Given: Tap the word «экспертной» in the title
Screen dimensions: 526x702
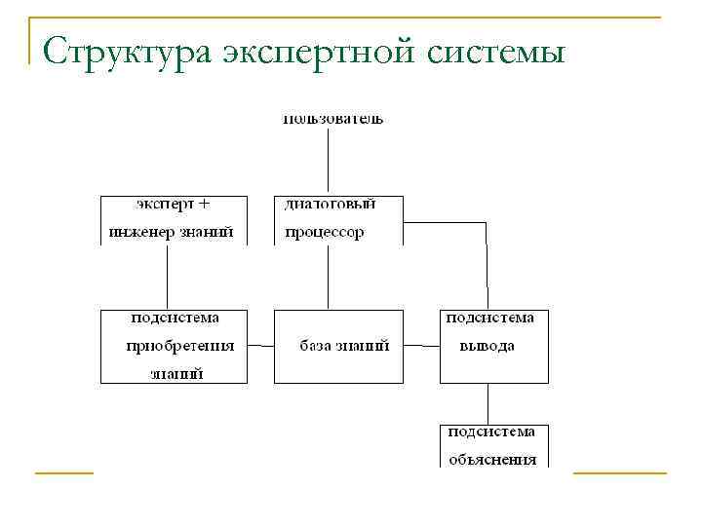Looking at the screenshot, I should click(x=308, y=51).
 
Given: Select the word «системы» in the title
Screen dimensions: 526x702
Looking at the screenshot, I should click(x=496, y=51).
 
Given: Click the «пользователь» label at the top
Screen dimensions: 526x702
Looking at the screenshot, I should click(x=333, y=119).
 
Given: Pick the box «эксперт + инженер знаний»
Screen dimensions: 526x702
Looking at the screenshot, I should click(x=173, y=219).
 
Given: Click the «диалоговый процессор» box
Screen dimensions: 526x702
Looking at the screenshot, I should click(x=337, y=219).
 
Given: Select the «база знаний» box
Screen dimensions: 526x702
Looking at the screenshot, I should click(x=337, y=346).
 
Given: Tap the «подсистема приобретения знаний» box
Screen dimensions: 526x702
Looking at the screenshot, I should click(x=173, y=346).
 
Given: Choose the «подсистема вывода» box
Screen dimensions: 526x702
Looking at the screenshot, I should click(x=493, y=346).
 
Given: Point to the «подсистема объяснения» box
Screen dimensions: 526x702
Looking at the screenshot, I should click(x=493, y=445).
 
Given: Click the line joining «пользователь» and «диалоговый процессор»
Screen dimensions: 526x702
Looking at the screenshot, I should click(x=329, y=161).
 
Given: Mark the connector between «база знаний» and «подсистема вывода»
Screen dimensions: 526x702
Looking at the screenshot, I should click(x=421, y=346).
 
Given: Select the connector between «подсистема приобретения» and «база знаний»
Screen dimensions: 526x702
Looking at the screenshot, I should click(x=260, y=346).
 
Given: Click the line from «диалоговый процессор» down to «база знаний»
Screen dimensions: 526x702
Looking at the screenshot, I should click(x=329, y=278).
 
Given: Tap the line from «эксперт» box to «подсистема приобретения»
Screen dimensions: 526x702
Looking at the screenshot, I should click(x=167, y=278).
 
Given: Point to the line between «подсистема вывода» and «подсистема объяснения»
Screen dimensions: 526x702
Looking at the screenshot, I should click(x=487, y=403).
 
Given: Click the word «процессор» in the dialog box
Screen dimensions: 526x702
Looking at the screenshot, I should click(x=325, y=233).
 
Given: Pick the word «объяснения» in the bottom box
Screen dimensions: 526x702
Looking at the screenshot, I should click(x=492, y=459).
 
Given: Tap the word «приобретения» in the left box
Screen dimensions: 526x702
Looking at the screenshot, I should click(x=180, y=346).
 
